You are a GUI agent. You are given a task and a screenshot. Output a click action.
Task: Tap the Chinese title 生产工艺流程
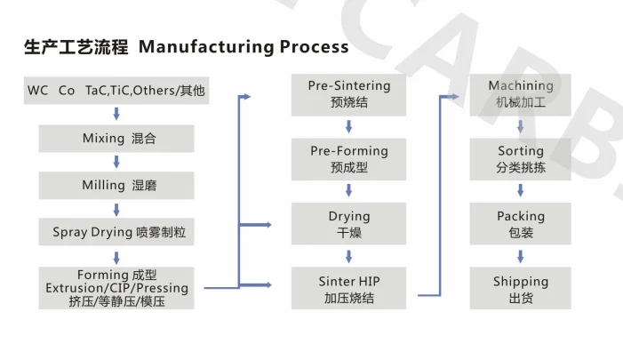tap(76, 46)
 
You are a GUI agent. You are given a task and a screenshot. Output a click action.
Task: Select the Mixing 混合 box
tap(116, 139)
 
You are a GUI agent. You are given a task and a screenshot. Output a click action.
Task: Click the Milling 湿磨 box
tap(116, 185)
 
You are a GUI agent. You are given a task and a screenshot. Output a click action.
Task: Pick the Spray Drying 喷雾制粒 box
tap(116, 232)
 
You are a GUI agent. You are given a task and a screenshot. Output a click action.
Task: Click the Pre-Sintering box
tap(348, 93)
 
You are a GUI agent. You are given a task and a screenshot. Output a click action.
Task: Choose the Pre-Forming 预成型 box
tap(348, 159)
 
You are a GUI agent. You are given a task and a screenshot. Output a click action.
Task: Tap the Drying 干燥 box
tap(348, 224)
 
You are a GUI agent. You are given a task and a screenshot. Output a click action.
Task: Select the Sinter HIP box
tap(348, 289)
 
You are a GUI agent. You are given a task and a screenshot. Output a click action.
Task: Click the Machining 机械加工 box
tap(520, 93)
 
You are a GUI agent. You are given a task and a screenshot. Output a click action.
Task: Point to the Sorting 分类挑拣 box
tap(520, 159)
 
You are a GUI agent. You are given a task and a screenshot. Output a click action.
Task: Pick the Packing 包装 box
tap(520, 224)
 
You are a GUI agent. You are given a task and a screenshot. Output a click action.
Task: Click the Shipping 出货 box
tap(520, 289)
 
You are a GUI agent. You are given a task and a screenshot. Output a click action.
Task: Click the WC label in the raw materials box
tap(37, 91)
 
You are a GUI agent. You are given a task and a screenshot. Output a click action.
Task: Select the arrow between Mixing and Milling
tap(116, 162)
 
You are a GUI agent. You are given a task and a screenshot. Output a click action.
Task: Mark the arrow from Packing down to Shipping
tap(520, 256)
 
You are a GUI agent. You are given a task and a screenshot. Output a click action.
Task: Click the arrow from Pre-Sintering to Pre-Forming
tap(348, 126)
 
